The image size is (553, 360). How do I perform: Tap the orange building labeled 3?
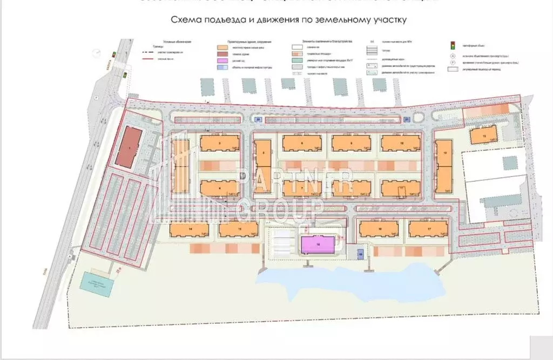(216, 143)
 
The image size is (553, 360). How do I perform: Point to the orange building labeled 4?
(216, 188)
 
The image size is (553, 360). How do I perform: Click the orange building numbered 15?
(238, 230)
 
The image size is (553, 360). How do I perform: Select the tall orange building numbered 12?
(444, 167)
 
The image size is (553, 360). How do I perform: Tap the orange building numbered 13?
(482, 135)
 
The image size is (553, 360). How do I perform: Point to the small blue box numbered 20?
(258, 119)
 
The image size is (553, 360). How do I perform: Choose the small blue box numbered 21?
(407, 119)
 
